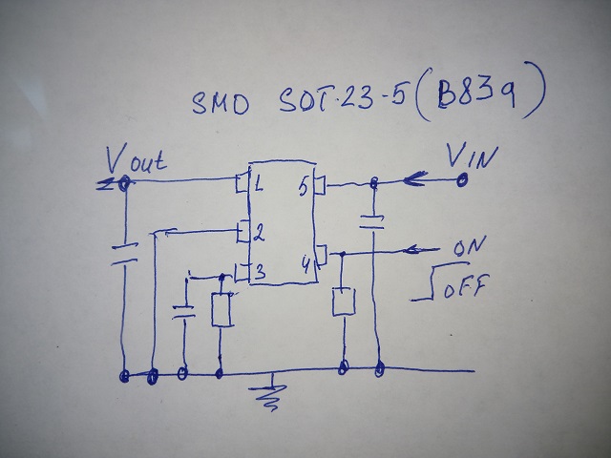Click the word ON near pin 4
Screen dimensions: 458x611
pyautogui.click(x=469, y=247)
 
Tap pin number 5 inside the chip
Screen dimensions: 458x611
pyautogui.click(x=303, y=187)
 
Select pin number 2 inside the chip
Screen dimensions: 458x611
pyautogui.click(x=259, y=232)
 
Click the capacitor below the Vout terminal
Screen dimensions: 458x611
pyautogui.click(x=122, y=252)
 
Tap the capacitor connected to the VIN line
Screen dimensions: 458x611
pyautogui.click(x=373, y=223)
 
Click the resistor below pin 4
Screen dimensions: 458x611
pyautogui.click(x=342, y=302)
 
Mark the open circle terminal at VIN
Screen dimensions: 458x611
pyautogui.click(x=463, y=178)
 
